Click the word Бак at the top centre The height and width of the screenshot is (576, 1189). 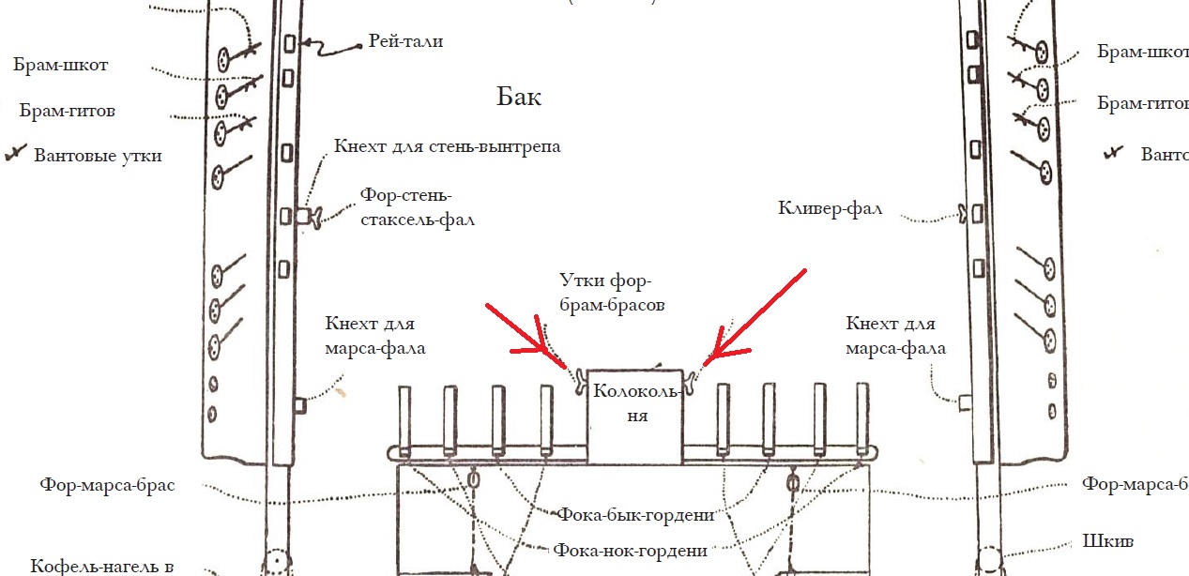520,97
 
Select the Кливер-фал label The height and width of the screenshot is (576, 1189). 830,208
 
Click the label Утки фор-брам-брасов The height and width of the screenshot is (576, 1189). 605,293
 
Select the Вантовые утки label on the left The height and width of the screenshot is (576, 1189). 98,156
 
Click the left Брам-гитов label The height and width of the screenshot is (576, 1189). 68,111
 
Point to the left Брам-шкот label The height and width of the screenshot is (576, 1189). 61,66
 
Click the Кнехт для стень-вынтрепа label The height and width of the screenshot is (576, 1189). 448,147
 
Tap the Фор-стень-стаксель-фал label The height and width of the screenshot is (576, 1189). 417,208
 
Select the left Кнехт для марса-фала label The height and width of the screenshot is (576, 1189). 375,336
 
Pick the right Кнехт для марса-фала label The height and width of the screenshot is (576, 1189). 895,336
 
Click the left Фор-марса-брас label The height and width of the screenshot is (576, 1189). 107,486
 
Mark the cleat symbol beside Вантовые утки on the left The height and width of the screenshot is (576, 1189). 14,155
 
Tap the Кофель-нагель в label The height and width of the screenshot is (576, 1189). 101,566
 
